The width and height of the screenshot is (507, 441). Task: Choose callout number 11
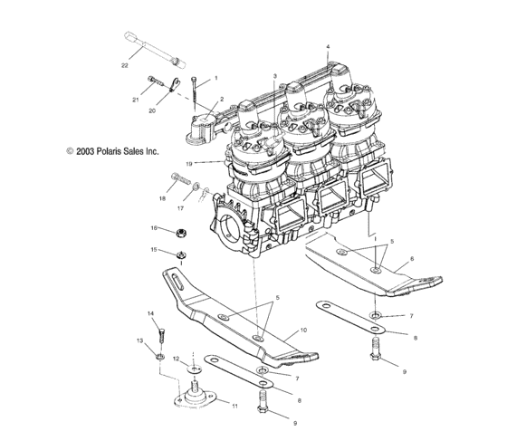234,407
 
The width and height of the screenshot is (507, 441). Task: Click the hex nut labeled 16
180,232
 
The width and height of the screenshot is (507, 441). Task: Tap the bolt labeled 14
161,336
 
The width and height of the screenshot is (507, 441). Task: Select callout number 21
136,100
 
